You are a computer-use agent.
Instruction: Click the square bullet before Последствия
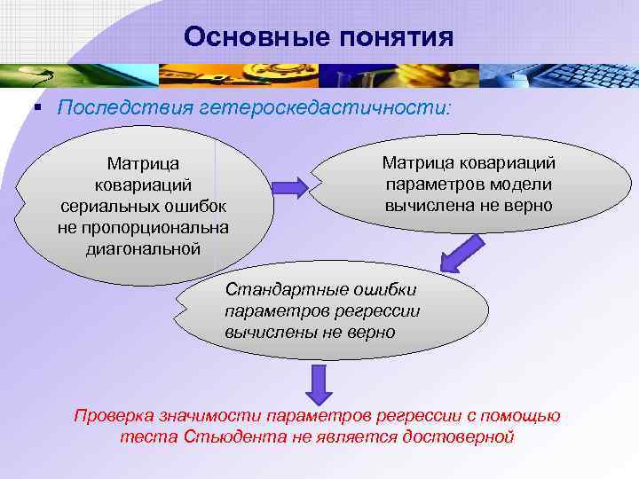[x=37, y=107]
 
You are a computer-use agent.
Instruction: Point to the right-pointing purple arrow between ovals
[x=289, y=186]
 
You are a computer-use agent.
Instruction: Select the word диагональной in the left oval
[x=143, y=248]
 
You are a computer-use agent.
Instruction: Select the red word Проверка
[x=114, y=416]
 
